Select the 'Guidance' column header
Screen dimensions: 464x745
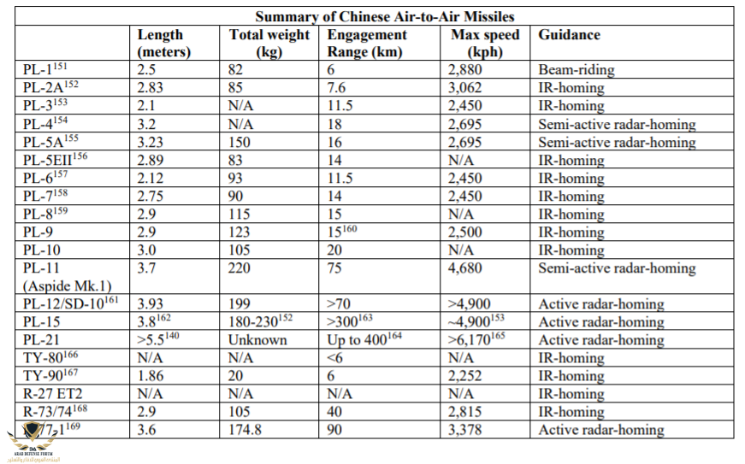coord(569,35)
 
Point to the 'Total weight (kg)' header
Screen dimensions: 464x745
coord(269,43)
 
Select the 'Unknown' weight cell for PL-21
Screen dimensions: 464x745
coord(257,340)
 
